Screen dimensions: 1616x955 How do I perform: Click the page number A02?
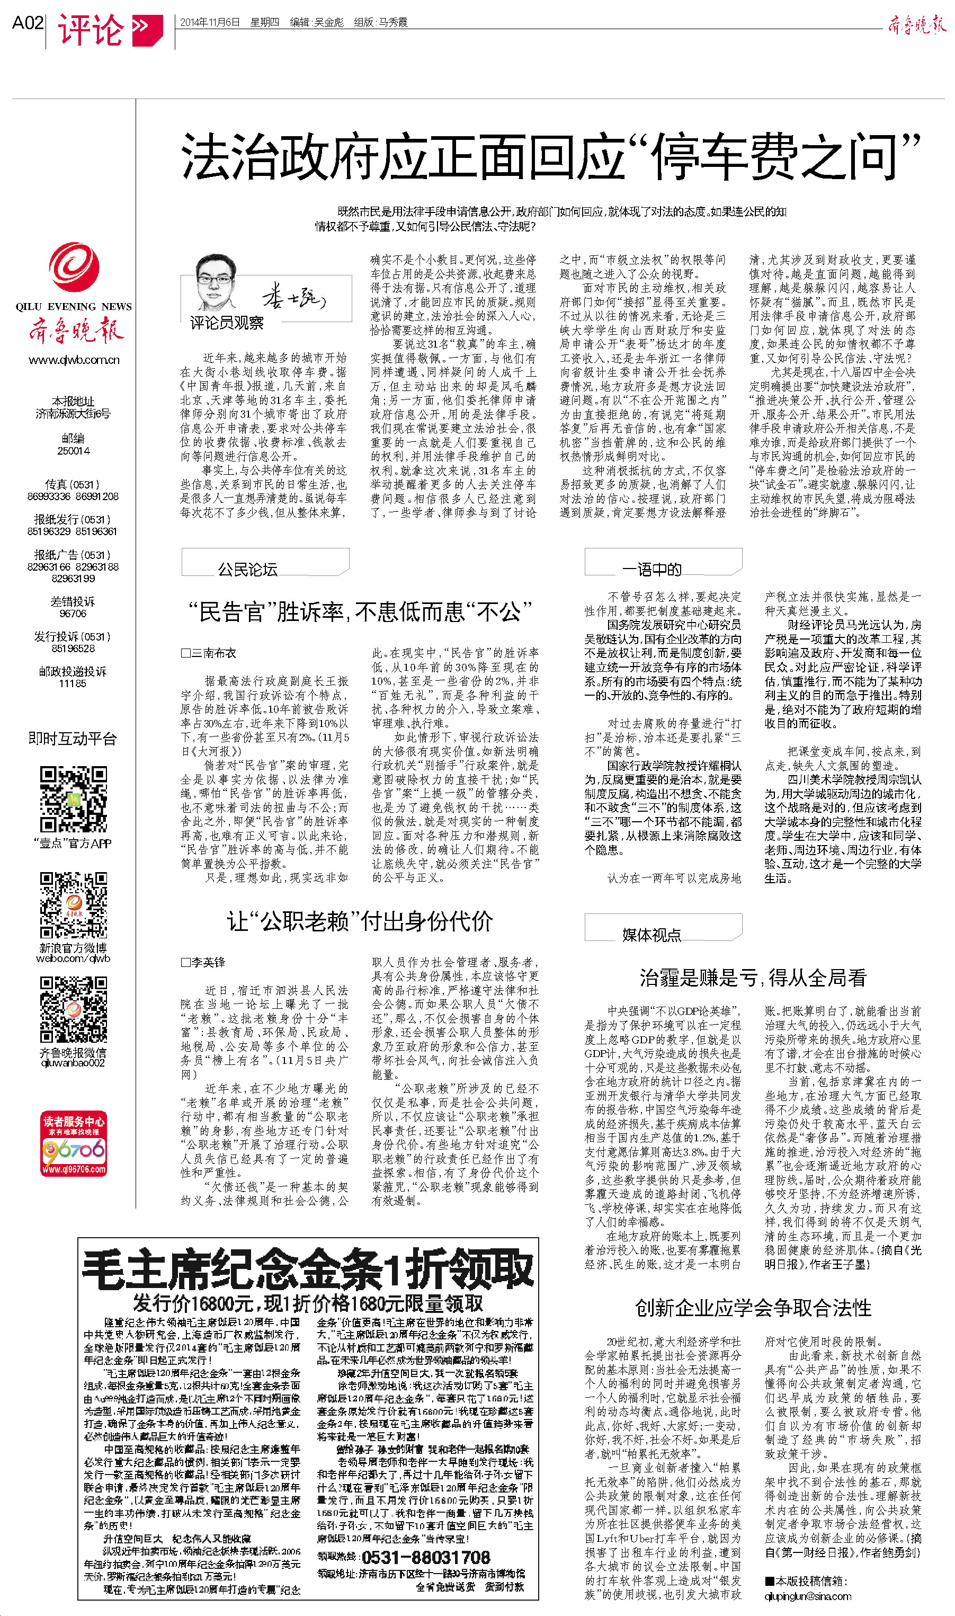28,23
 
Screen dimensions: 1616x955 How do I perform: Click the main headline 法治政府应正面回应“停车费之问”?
550,156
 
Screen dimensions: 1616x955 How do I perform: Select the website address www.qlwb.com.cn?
74,360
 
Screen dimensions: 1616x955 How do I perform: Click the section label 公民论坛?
248,569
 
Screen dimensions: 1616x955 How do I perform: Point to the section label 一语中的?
651,569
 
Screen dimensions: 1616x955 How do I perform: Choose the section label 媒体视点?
651,935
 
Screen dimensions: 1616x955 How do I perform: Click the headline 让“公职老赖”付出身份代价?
359,921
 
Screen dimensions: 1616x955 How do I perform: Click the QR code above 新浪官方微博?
74,905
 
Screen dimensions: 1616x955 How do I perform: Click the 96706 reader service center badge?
74,1143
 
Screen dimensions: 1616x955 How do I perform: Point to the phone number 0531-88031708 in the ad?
425,1557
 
